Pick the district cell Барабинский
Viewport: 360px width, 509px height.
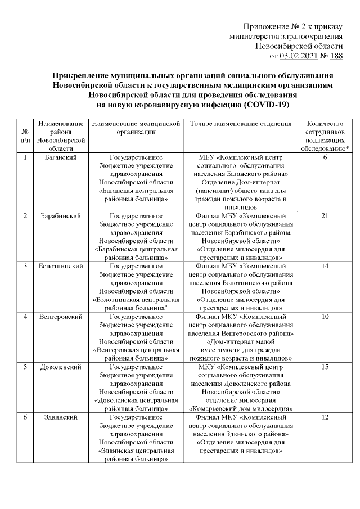click(60, 216)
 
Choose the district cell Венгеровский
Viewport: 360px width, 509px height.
click(60, 317)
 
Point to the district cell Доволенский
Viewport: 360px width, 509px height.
click(60, 367)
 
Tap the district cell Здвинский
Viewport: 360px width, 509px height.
click(60, 418)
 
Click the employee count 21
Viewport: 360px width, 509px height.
click(325, 216)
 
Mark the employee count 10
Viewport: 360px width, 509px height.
click(325, 317)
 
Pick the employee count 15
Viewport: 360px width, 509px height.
click(325, 367)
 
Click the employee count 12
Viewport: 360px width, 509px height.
click(325, 418)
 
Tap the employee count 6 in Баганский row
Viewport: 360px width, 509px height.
click(325, 158)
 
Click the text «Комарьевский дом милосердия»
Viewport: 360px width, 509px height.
click(241, 408)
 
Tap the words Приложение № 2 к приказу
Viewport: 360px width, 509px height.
click(292, 28)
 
